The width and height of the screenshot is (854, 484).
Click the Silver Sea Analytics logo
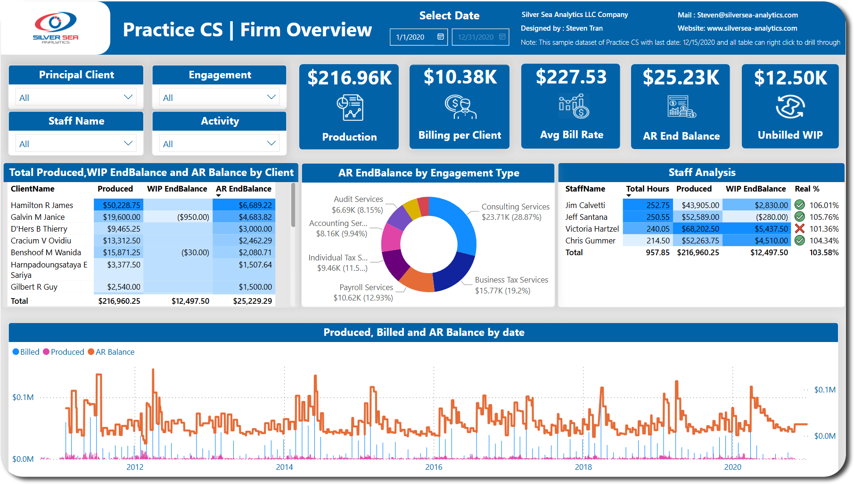click(x=56, y=28)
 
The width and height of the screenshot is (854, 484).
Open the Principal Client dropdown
click(x=76, y=97)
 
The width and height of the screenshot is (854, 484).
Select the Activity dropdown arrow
click(x=271, y=143)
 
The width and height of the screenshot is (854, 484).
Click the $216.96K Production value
click(x=349, y=78)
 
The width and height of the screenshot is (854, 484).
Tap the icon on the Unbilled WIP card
click(x=790, y=107)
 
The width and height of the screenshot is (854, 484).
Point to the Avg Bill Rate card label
click(x=572, y=135)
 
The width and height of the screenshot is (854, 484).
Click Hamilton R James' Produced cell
click(x=119, y=205)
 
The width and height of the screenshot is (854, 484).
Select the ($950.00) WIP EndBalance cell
click(x=193, y=217)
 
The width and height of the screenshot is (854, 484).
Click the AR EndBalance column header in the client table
click(x=244, y=189)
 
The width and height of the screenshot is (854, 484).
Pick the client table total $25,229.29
click(x=253, y=301)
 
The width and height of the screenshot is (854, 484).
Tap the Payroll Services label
click(x=366, y=287)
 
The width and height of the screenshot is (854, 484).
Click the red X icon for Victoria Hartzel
click(x=799, y=229)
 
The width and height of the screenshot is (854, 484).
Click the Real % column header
click(x=807, y=189)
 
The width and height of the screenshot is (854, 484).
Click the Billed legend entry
click(x=26, y=352)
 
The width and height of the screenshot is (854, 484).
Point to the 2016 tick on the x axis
click(x=434, y=467)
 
